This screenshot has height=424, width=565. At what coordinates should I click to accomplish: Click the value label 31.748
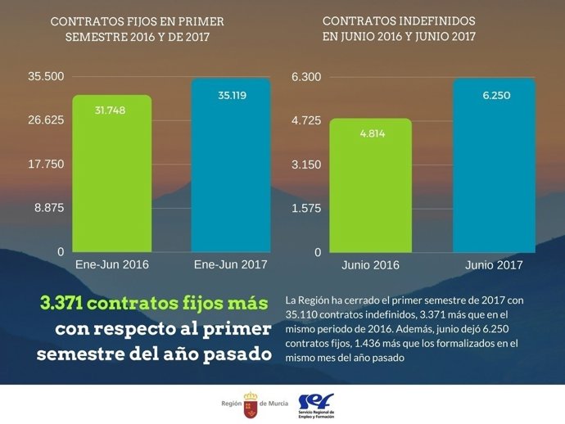(110, 111)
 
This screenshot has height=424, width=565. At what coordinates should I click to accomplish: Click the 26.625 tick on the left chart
(46, 120)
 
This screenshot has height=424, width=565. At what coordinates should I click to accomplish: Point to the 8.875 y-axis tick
(48, 208)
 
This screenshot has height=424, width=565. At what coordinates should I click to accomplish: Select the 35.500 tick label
(46, 77)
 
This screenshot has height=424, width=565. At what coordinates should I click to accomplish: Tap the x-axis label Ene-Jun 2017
(231, 265)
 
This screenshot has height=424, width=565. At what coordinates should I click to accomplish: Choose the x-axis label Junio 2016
(370, 265)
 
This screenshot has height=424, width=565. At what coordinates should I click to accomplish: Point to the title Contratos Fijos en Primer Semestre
(137, 29)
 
